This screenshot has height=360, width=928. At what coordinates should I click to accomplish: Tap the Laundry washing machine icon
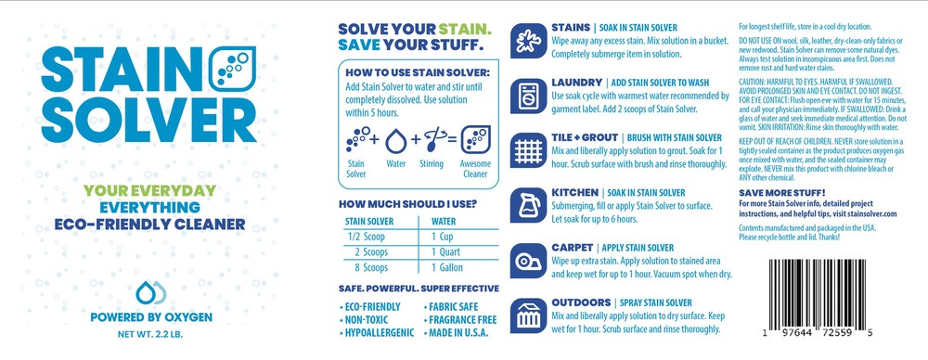tap(529, 96)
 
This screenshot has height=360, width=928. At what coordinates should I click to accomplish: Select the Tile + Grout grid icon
tap(529, 150)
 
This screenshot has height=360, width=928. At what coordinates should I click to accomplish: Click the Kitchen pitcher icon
tap(529, 205)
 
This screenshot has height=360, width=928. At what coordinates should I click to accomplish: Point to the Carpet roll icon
tap(529, 261)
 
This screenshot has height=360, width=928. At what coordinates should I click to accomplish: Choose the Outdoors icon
tap(529, 315)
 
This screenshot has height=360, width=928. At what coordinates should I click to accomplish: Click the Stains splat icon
tap(529, 41)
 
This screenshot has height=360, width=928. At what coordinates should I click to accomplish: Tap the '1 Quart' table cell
tap(445, 251)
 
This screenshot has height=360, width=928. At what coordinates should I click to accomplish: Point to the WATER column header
tap(444, 222)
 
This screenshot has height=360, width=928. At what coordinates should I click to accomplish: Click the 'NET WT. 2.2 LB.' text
tap(150, 335)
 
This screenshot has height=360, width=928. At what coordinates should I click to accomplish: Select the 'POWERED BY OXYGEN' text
tap(151, 318)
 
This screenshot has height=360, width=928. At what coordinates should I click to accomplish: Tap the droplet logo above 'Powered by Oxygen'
tap(151, 292)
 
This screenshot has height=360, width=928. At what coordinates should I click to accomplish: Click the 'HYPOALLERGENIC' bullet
tap(378, 333)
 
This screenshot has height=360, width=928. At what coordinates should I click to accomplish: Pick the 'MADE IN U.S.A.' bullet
tap(457, 333)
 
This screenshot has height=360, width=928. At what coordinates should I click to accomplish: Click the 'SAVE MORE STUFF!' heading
tap(781, 193)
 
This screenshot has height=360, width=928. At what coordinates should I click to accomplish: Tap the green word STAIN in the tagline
tap(464, 29)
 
